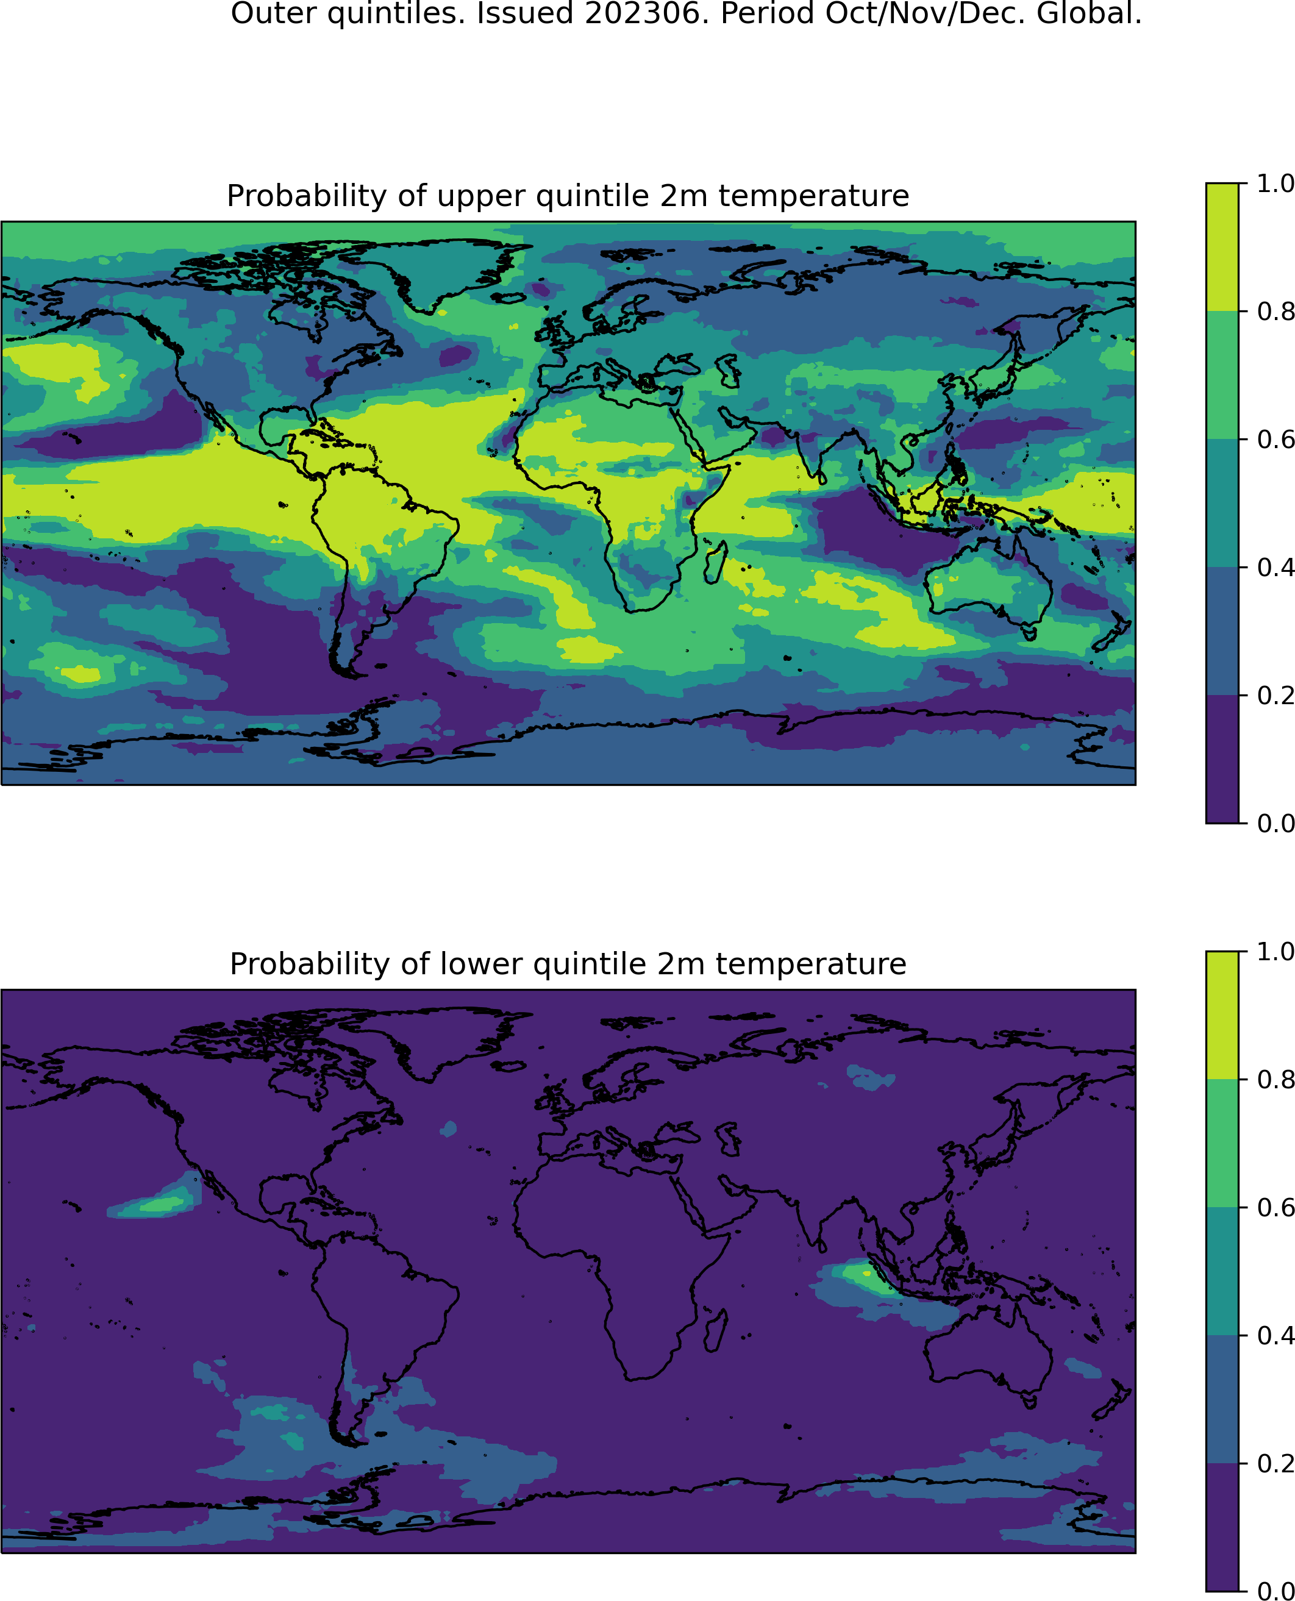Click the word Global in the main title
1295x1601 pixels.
[1089, 13]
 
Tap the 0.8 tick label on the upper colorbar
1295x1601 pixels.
[1274, 311]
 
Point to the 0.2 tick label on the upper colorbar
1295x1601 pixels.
[1274, 695]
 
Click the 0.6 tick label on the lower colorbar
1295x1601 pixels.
[1274, 1207]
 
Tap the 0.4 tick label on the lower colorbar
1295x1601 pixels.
[1274, 1335]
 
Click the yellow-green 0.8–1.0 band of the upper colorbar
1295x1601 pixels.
[1222, 247]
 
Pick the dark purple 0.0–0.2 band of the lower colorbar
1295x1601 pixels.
[1222, 1527]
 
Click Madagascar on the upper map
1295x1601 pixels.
[715, 563]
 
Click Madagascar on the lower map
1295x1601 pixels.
[715, 1331]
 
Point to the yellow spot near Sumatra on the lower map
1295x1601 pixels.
[867, 1274]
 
